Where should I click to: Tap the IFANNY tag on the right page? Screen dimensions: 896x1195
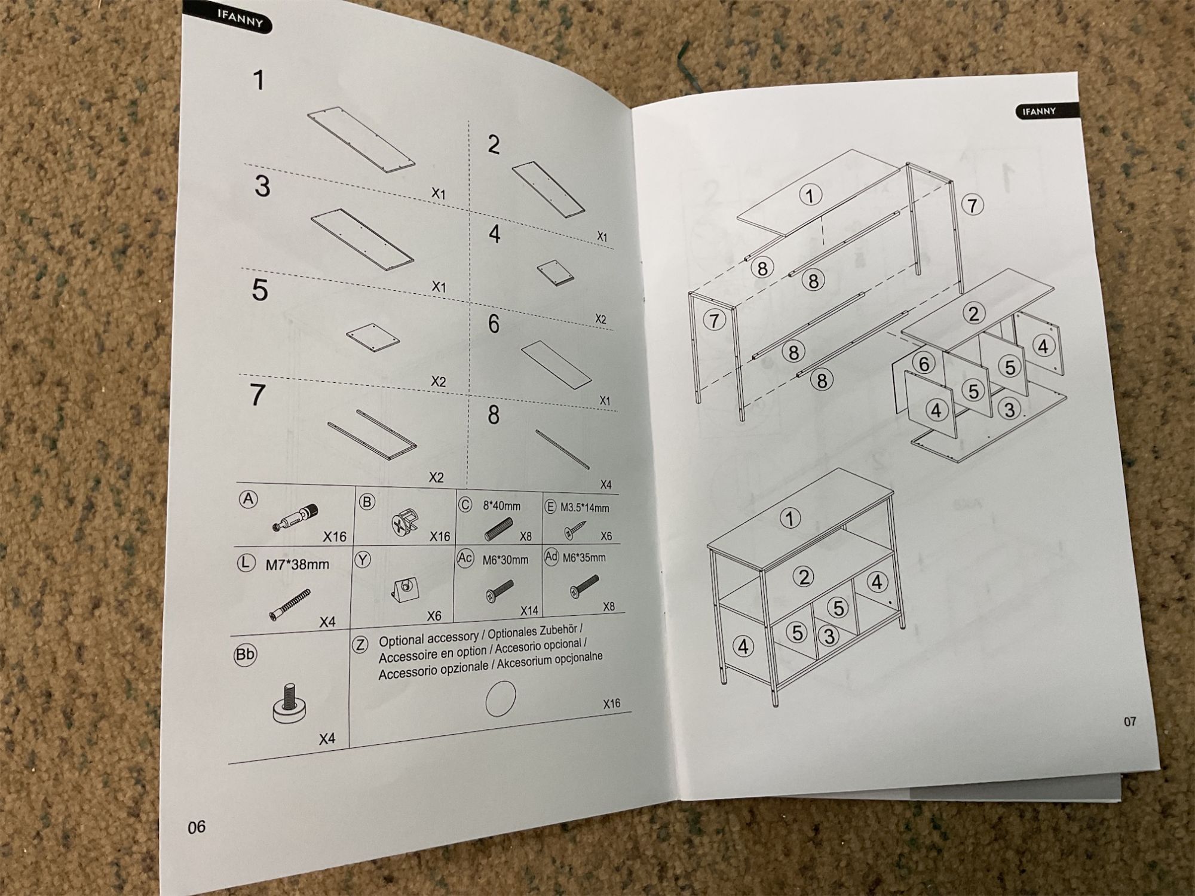(x=1040, y=111)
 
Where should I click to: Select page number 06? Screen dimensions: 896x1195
(x=197, y=827)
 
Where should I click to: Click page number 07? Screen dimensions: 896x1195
(x=1129, y=722)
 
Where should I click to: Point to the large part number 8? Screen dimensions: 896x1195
(x=494, y=415)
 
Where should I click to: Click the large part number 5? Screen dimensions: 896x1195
(x=260, y=290)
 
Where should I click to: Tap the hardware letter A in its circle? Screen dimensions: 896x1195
(x=249, y=499)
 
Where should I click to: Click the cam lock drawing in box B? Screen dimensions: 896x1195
(x=405, y=524)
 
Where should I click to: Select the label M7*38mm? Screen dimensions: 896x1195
(x=297, y=564)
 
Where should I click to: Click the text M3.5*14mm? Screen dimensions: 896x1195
(x=584, y=508)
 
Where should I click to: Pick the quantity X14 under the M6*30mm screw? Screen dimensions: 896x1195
(x=529, y=610)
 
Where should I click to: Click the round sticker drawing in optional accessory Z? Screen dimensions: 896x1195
(x=501, y=698)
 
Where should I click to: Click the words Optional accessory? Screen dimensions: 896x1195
(x=428, y=640)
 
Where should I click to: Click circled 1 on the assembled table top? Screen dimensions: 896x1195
(x=790, y=518)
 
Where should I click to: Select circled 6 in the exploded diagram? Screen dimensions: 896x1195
(x=924, y=363)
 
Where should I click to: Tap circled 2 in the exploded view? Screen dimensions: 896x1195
(x=974, y=313)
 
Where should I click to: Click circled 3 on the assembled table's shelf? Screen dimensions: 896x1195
(x=829, y=636)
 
